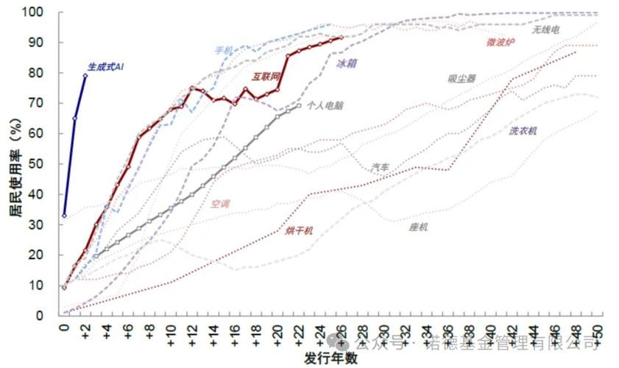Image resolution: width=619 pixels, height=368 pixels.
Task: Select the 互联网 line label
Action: click(x=266, y=76)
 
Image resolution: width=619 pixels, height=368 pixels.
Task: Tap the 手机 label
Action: click(x=224, y=50)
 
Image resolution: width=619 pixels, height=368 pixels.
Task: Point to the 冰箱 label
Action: click(x=347, y=64)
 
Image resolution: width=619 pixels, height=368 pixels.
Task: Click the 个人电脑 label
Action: click(x=327, y=106)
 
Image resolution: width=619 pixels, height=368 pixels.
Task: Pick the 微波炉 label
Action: click(x=500, y=43)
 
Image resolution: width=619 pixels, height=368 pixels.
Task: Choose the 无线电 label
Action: click(x=546, y=29)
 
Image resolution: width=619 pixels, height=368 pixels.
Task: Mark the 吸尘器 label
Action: click(x=461, y=79)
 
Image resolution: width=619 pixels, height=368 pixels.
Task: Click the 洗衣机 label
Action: click(x=523, y=131)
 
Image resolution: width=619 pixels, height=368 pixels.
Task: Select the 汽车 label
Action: click(x=381, y=168)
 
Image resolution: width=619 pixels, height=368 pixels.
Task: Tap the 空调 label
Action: click(x=221, y=203)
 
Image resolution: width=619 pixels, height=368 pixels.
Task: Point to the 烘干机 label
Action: click(x=299, y=230)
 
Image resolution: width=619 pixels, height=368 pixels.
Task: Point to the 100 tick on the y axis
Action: click(x=43, y=13)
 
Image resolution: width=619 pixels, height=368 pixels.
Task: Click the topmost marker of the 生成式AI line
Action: click(x=85, y=75)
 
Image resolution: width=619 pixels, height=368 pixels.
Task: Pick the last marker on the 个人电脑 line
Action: click(x=298, y=106)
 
